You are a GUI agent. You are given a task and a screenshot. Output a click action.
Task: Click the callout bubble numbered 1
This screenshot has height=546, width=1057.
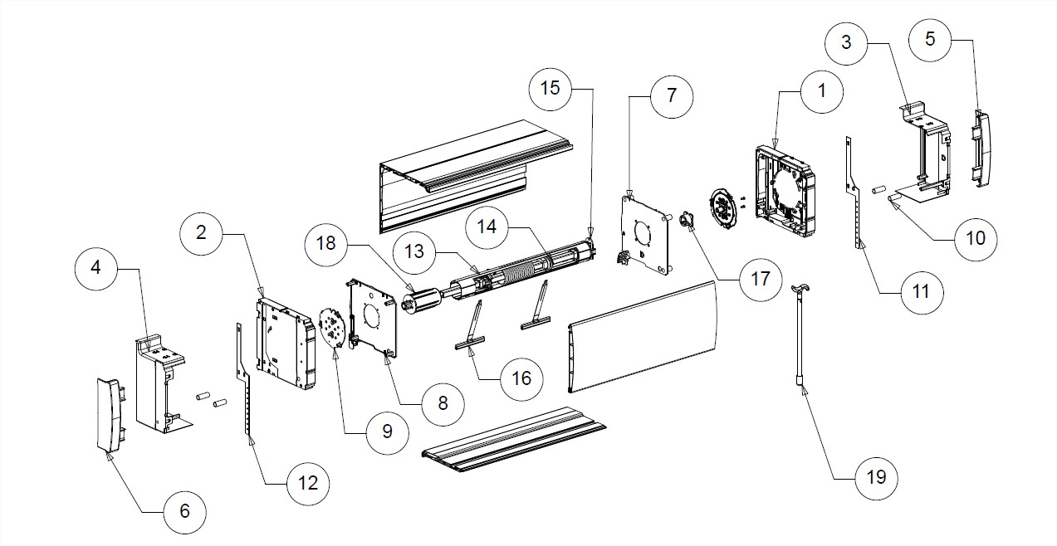click(822, 91)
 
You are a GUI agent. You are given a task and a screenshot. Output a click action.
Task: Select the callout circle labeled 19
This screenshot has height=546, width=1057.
click(876, 477)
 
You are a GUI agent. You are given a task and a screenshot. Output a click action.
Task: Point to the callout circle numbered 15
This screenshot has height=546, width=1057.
click(551, 87)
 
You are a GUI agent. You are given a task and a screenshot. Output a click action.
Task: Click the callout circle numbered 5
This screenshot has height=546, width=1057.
click(929, 38)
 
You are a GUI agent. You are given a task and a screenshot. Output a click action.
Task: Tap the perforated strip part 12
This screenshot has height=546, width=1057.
click(244, 382)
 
